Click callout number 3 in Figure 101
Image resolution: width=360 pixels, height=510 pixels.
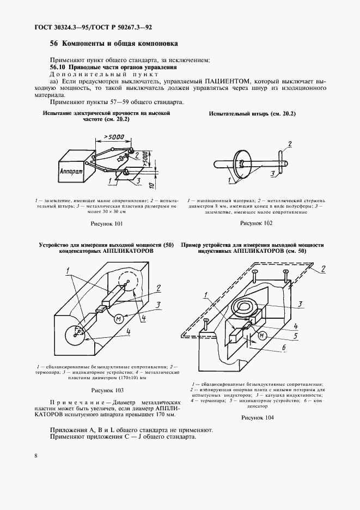[x=139, y=181]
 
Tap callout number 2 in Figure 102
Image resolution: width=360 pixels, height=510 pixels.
[x=290, y=143]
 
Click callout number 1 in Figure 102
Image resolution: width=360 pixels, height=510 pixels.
[x=230, y=179]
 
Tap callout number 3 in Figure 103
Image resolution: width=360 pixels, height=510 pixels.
[x=157, y=305]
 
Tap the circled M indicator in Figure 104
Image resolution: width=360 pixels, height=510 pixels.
[x=262, y=335]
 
